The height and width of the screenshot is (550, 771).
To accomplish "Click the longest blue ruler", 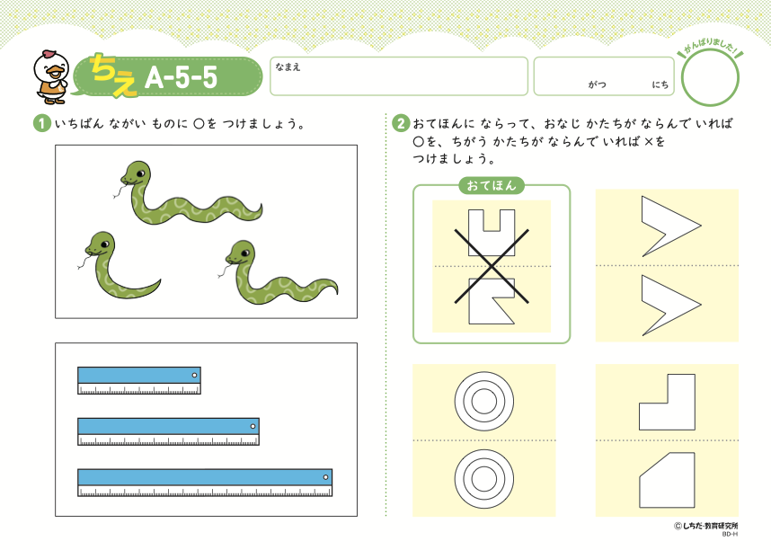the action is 205,482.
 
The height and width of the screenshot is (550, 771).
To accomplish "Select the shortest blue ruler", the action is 139,380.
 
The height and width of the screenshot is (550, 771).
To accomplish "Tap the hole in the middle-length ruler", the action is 253,426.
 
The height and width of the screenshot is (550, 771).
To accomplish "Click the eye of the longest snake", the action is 140,173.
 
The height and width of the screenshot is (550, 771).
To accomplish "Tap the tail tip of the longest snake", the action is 261,210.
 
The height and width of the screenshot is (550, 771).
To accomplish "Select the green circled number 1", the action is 42,123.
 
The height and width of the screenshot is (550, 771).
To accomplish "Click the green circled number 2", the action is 401,123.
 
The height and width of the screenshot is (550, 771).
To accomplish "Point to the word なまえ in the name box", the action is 288,67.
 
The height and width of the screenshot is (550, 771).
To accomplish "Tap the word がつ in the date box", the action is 597,84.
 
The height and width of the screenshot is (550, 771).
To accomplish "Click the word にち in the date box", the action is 660,84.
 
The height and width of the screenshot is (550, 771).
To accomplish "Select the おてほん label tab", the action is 492,185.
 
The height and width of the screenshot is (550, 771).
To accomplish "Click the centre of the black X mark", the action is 492,266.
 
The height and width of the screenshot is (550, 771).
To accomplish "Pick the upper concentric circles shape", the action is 484,402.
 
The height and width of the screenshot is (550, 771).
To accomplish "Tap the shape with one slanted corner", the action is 668,481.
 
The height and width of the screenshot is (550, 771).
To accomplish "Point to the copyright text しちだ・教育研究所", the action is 710,526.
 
